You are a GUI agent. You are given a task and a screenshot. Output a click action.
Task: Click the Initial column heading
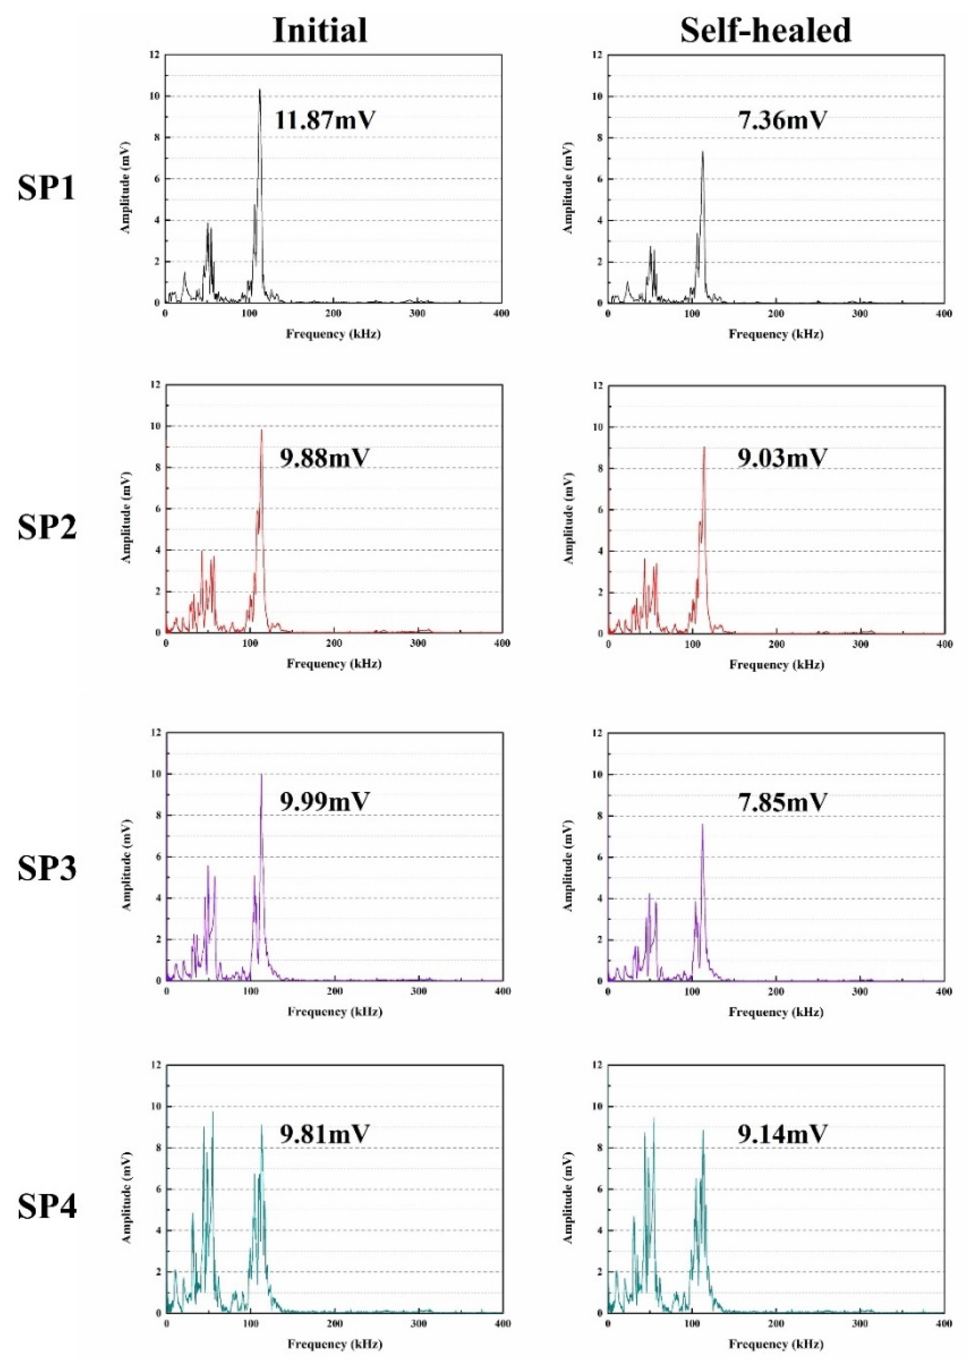[x=319, y=30]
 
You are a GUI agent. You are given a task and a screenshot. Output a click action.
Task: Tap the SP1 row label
[x=47, y=189]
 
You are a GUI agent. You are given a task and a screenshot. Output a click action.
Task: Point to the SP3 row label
[x=47, y=869]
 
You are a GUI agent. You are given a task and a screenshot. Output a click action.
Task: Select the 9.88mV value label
[x=325, y=458]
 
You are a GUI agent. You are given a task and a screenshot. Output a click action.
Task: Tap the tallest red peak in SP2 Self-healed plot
[x=704, y=448]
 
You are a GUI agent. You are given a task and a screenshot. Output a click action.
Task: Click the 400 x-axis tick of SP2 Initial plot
[x=502, y=643]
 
